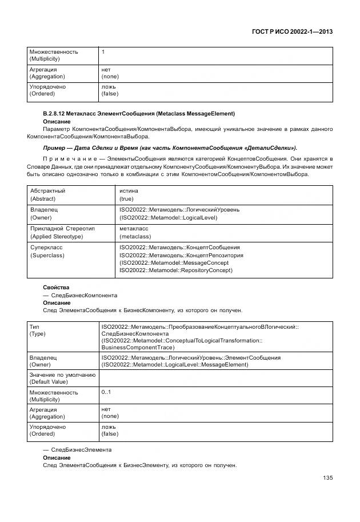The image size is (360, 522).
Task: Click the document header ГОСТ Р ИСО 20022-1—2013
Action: coord(291,32)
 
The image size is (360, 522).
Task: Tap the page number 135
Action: coord(327,477)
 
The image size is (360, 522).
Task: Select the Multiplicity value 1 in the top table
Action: coord(103,52)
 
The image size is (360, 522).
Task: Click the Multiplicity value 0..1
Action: coord(106,392)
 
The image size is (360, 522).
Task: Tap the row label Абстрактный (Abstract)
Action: coord(47,195)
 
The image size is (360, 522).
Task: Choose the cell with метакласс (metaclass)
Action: coord(135,232)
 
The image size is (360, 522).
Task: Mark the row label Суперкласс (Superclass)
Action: coord(47,251)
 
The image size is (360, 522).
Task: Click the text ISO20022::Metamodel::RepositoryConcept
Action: coord(176,270)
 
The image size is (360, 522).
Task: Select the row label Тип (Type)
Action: coord(37,329)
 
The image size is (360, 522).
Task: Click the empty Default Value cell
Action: coord(215,378)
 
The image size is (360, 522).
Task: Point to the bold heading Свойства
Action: coord(56,288)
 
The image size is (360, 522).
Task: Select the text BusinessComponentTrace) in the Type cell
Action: coord(138,347)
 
